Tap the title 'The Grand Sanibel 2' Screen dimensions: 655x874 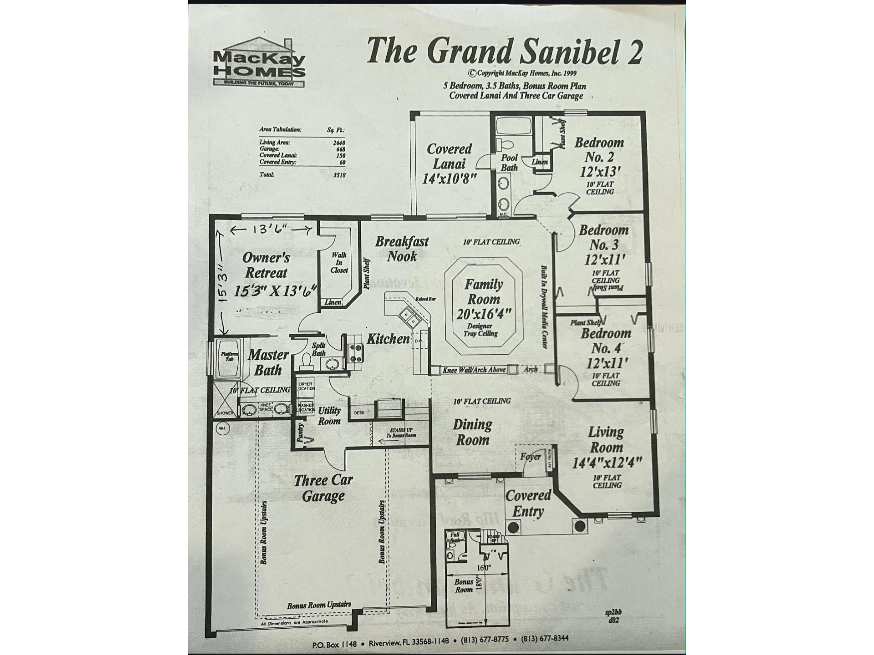(x=504, y=52)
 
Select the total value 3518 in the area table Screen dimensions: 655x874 (x=339, y=175)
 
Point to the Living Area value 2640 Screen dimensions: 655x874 (x=339, y=143)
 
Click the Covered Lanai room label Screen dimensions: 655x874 (x=449, y=164)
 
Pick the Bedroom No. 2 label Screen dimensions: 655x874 (x=599, y=157)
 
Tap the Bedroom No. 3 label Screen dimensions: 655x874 (x=603, y=244)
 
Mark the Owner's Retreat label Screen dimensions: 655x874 (x=266, y=265)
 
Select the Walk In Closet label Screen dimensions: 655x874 (x=339, y=263)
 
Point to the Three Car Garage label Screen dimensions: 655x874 (x=323, y=488)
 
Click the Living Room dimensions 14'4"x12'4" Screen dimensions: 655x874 (x=607, y=462)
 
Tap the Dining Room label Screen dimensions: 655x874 (x=472, y=432)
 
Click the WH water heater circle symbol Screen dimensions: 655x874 (x=222, y=428)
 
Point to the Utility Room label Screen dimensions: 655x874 (x=329, y=415)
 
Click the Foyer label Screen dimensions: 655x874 (x=531, y=456)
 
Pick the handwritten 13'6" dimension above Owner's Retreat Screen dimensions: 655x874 (x=269, y=229)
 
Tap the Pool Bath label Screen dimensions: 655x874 (x=509, y=163)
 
